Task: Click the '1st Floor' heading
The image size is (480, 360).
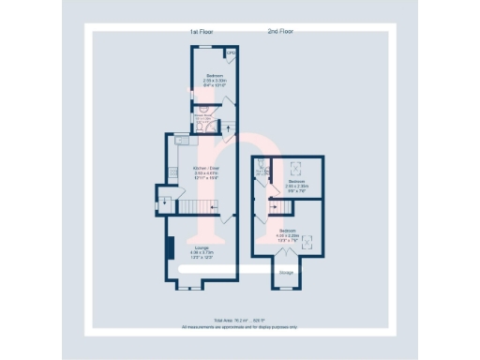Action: (203, 32)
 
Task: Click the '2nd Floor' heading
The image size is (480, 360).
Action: (280, 32)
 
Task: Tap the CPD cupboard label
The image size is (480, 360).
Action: (229, 53)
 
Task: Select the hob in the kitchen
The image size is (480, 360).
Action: (174, 172)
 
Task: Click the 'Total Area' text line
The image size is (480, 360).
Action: (238, 321)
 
